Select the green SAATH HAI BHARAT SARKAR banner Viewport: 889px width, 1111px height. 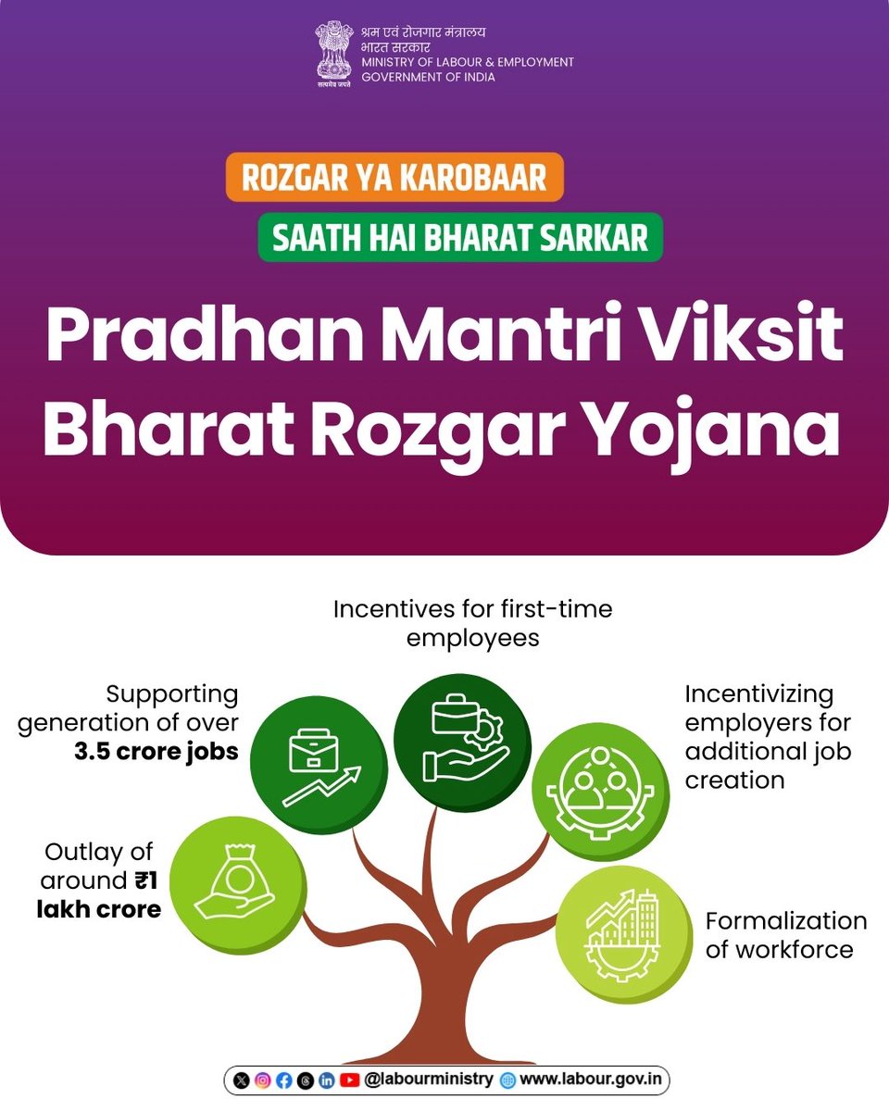[460, 237]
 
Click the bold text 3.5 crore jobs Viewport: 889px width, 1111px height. [157, 750]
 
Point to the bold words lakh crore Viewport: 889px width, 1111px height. [99, 909]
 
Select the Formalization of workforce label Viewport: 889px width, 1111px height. [786, 935]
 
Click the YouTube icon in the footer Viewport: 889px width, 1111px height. [349, 1080]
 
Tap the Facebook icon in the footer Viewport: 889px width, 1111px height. [283, 1080]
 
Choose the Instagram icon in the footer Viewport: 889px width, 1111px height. [263, 1080]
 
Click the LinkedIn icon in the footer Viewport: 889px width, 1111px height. [327, 1080]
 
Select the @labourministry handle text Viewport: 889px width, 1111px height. [429, 1080]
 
